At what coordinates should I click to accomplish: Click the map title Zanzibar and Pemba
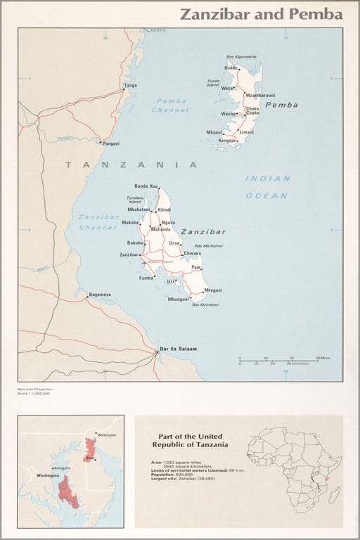click(x=262, y=14)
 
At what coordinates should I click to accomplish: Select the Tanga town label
click(x=130, y=86)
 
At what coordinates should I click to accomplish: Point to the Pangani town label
click(x=111, y=143)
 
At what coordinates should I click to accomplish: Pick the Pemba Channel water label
click(x=171, y=105)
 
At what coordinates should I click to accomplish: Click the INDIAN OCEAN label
click(x=267, y=187)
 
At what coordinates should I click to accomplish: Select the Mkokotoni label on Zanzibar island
click(x=139, y=210)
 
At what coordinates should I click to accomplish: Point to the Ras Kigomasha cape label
click(x=241, y=56)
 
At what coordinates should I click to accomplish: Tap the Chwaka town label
click(x=192, y=253)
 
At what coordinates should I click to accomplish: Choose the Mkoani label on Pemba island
click(x=214, y=132)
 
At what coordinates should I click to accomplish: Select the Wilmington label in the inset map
click(x=107, y=435)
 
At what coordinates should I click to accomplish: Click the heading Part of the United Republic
click(x=190, y=440)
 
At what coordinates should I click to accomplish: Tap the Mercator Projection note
click(x=35, y=388)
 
